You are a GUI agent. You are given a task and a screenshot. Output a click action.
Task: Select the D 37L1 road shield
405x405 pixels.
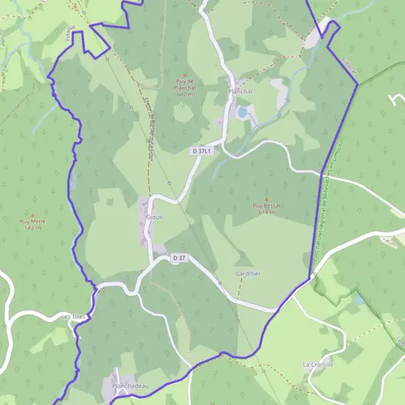(201, 151)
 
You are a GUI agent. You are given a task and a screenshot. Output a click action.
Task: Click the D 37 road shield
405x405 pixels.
(178, 258)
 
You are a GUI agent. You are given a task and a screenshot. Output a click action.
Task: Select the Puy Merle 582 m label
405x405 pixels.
(33, 224)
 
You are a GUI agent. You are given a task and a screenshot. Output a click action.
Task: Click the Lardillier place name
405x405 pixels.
(248, 273)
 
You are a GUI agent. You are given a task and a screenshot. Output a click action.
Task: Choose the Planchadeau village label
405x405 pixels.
(130, 386)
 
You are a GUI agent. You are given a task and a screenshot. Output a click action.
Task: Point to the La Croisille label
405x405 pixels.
(318, 364)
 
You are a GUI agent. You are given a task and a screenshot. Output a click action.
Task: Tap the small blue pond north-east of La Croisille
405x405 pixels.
(359, 299)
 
